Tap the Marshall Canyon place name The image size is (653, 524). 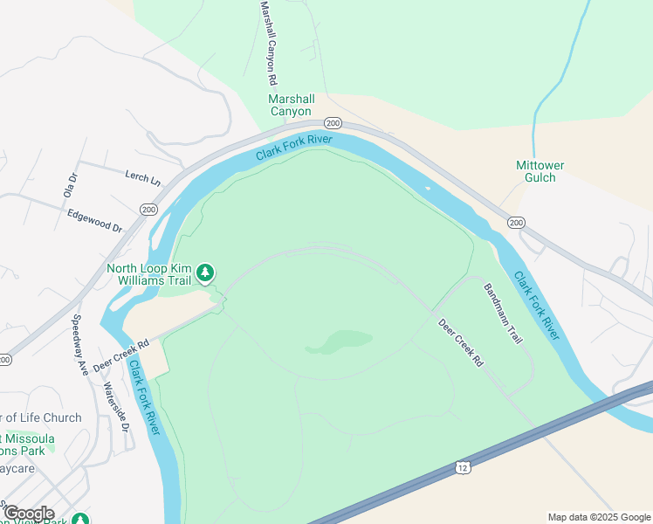291,105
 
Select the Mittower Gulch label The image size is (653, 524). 540,171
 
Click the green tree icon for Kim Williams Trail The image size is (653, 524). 205,273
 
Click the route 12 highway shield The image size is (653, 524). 462,469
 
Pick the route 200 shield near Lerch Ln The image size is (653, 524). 148,210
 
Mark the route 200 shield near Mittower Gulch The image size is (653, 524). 516,223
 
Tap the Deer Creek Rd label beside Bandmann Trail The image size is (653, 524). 460,341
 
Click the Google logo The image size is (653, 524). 29,514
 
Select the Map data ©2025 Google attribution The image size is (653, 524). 598,516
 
